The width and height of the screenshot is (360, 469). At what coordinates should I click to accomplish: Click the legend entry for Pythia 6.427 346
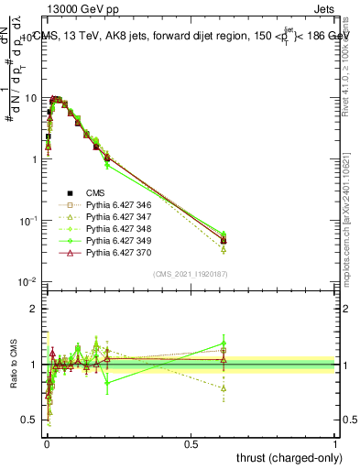point(115,205)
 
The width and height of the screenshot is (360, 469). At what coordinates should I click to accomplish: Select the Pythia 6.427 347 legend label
point(115,217)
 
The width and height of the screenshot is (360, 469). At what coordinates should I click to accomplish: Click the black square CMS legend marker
point(69,193)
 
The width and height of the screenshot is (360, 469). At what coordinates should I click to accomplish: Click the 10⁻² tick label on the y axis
point(29,281)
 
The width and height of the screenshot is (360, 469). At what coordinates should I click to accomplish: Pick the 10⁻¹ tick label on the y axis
point(29,220)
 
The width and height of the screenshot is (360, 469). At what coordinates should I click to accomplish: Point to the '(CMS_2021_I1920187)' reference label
point(191,273)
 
